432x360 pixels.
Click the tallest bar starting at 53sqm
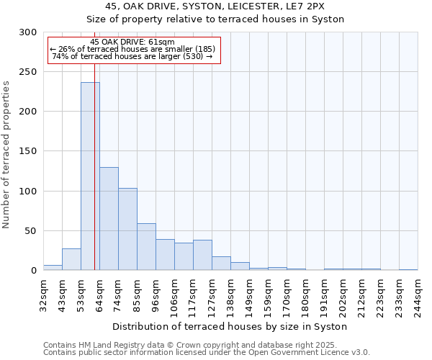[90, 176]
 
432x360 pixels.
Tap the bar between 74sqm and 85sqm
[127, 229]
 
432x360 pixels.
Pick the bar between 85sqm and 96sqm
[146, 247]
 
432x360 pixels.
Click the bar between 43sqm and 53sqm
[71, 259]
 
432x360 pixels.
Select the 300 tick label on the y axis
[27, 32]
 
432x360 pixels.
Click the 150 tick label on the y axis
[27, 151]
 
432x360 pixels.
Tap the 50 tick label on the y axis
[30, 231]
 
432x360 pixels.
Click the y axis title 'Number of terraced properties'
[7, 155]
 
